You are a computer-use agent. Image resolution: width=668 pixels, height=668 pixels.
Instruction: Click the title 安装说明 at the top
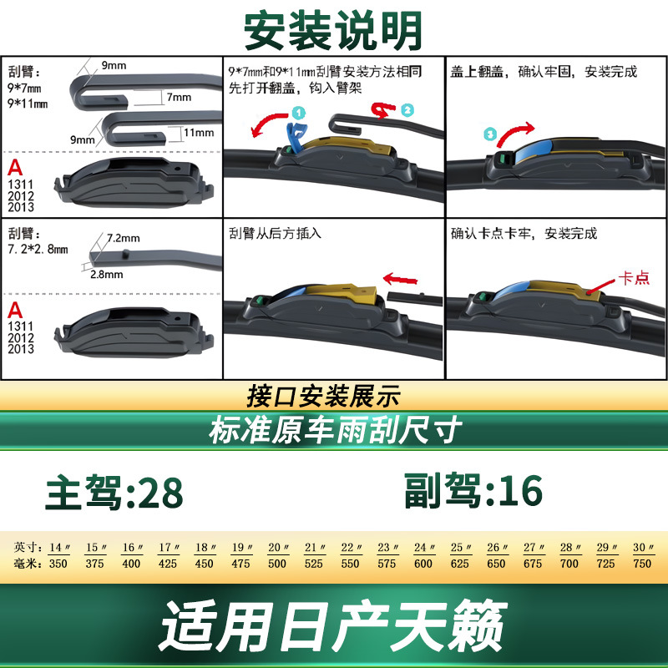[x=333, y=31]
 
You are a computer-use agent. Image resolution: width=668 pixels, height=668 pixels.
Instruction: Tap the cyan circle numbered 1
[x=299, y=113]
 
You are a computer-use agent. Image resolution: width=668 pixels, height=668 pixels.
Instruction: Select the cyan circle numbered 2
[x=407, y=110]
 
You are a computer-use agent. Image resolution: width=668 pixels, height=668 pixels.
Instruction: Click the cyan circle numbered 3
[x=490, y=134]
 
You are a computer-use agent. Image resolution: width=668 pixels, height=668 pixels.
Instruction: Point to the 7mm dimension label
[x=179, y=97]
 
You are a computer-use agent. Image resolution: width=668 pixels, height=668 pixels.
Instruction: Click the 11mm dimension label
[x=199, y=133]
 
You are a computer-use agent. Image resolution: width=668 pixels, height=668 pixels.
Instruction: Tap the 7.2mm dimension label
[x=123, y=238]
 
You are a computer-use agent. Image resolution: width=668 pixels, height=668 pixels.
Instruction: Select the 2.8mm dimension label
[x=107, y=275]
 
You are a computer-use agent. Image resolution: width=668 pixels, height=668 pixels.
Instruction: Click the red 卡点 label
[x=634, y=278]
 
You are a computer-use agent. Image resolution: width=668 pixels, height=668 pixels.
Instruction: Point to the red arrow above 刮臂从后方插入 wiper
[x=400, y=280]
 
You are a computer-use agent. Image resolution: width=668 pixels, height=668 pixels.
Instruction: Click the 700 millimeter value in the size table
[x=569, y=564]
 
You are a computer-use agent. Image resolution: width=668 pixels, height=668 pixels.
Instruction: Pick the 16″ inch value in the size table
[x=132, y=548]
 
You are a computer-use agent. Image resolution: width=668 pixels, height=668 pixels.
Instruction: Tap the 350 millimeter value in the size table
[x=58, y=564]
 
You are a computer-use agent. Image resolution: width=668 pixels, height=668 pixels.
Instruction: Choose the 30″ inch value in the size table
[x=643, y=548]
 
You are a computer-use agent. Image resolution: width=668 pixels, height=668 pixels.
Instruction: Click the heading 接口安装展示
[x=324, y=396]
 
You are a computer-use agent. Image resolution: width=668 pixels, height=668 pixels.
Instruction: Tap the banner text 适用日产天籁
[x=333, y=625]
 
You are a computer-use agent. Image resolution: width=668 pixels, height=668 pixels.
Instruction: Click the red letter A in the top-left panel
[x=15, y=168]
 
